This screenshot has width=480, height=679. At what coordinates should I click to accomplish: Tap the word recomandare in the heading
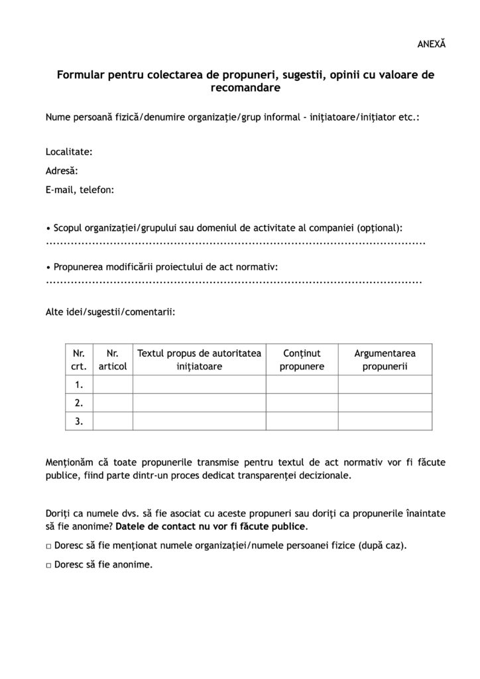[x=245, y=87]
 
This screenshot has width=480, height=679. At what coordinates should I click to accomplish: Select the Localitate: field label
[x=69, y=152]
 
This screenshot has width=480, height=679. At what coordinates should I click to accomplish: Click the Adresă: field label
[x=62, y=170]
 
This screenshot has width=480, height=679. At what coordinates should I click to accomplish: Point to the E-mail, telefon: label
[x=80, y=190]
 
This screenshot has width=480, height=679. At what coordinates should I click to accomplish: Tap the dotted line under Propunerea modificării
[x=234, y=281]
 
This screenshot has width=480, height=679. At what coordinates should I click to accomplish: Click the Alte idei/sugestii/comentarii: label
[x=111, y=310]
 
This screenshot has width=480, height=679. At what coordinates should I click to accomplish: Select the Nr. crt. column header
[x=79, y=360]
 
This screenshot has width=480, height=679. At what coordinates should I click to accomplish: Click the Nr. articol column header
[x=113, y=360]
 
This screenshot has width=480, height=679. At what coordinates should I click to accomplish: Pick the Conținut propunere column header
[x=302, y=360]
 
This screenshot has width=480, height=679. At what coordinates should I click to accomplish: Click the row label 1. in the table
[x=79, y=385]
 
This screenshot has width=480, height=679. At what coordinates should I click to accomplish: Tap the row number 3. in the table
[x=79, y=420]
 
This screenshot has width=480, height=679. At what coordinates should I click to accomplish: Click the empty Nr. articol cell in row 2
[x=113, y=402]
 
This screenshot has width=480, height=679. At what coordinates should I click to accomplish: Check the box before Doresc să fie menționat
[x=49, y=547]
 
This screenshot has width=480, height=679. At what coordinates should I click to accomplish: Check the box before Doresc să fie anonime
[x=49, y=566]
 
